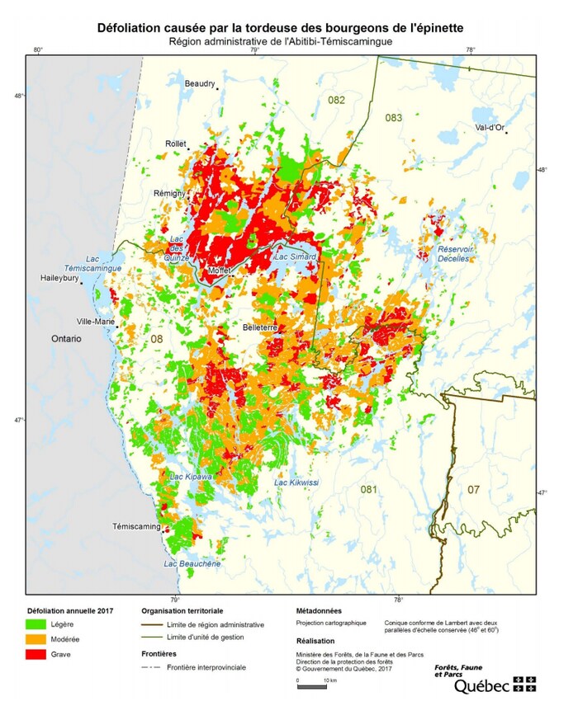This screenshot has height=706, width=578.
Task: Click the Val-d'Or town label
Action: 490,127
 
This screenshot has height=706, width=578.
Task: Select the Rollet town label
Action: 176,144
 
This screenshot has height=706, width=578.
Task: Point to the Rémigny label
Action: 170,193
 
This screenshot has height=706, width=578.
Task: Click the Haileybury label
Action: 59,278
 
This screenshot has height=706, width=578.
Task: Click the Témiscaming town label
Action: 137,525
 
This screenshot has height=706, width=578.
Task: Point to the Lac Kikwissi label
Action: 296,482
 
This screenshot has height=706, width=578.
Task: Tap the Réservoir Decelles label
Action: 453,253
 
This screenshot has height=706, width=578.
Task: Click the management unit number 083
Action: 393,118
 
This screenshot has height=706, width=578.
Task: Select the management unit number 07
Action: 473,490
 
